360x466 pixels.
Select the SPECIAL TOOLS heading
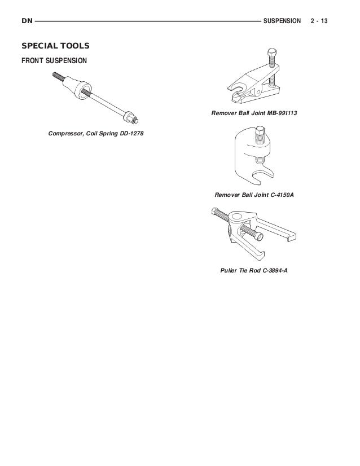pyautogui.click(x=55, y=45)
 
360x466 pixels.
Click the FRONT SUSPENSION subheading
pyautogui.click(x=54, y=59)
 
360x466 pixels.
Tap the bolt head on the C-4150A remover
pyautogui.click(x=261, y=133)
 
